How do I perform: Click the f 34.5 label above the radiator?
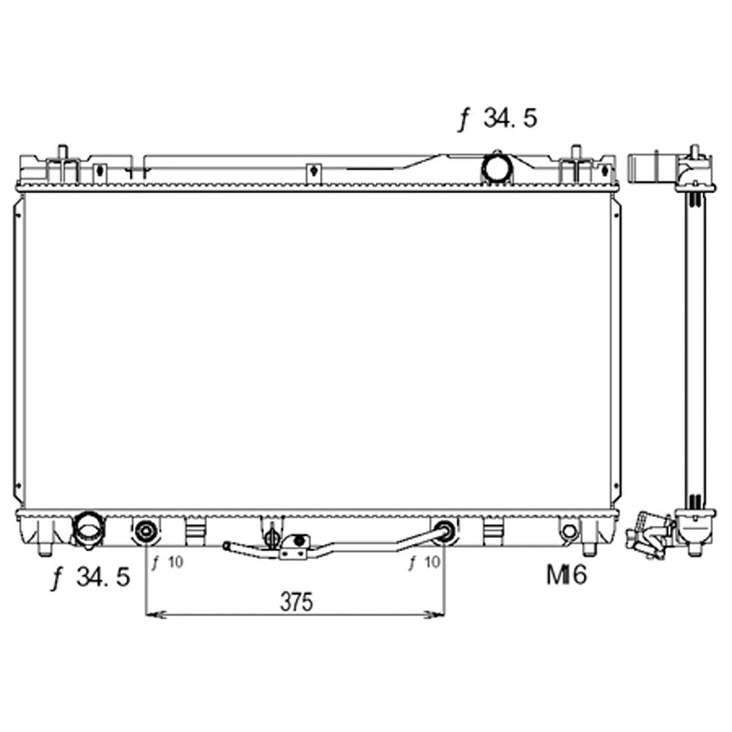coord(498,119)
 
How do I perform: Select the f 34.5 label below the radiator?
coord(91,577)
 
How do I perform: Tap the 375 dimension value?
coord(296,602)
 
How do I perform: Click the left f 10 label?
coord(168,562)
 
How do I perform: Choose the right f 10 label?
coord(425,562)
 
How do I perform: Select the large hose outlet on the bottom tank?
coord(89,529)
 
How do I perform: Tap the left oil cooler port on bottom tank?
coord(146,531)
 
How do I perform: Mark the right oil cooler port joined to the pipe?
coord(444,531)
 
